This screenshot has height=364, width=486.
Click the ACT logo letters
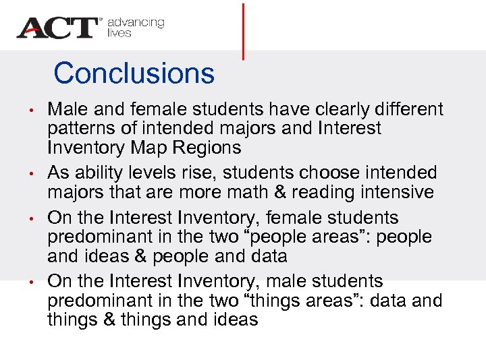point(58,28)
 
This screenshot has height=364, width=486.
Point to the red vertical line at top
point(242,30)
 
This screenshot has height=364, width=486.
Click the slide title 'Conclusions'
point(134,73)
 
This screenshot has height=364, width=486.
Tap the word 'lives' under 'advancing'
point(119,33)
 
